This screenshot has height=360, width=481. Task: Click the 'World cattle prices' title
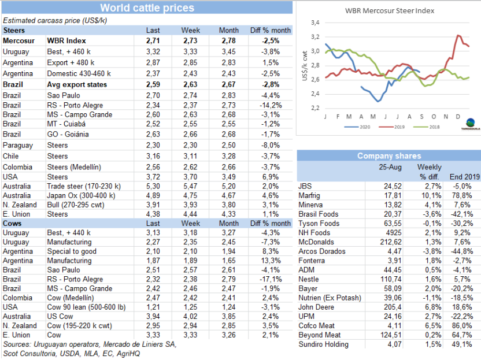pyautogui.click(x=147, y=8)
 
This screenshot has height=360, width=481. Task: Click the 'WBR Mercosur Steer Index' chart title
pyautogui.click(x=390, y=10)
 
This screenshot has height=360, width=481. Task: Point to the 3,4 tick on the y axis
pyautogui.click(x=315, y=23)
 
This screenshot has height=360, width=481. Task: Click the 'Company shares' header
pyautogui.click(x=388, y=156)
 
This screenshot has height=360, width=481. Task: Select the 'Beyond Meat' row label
pyautogui.click(x=319, y=335)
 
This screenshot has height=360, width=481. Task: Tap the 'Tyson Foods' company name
pyautogui.click(x=319, y=223)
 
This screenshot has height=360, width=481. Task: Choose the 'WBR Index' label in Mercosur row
pyautogui.click(x=66, y=41)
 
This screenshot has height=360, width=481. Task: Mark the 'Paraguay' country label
pyautogui.click(x=17, y=146)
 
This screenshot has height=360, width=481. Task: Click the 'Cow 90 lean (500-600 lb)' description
pyautogui.click(x=87, y=307)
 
